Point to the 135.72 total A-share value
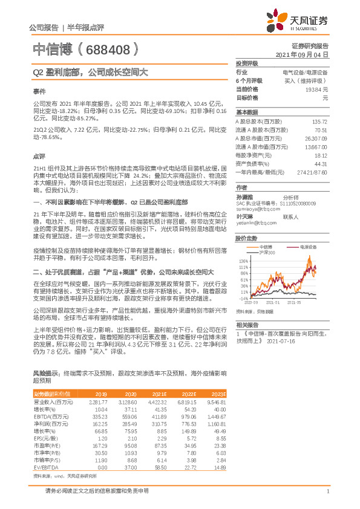tap(320, 122)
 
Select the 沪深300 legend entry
tap(267, 252)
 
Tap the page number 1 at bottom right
tap(327, 490)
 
